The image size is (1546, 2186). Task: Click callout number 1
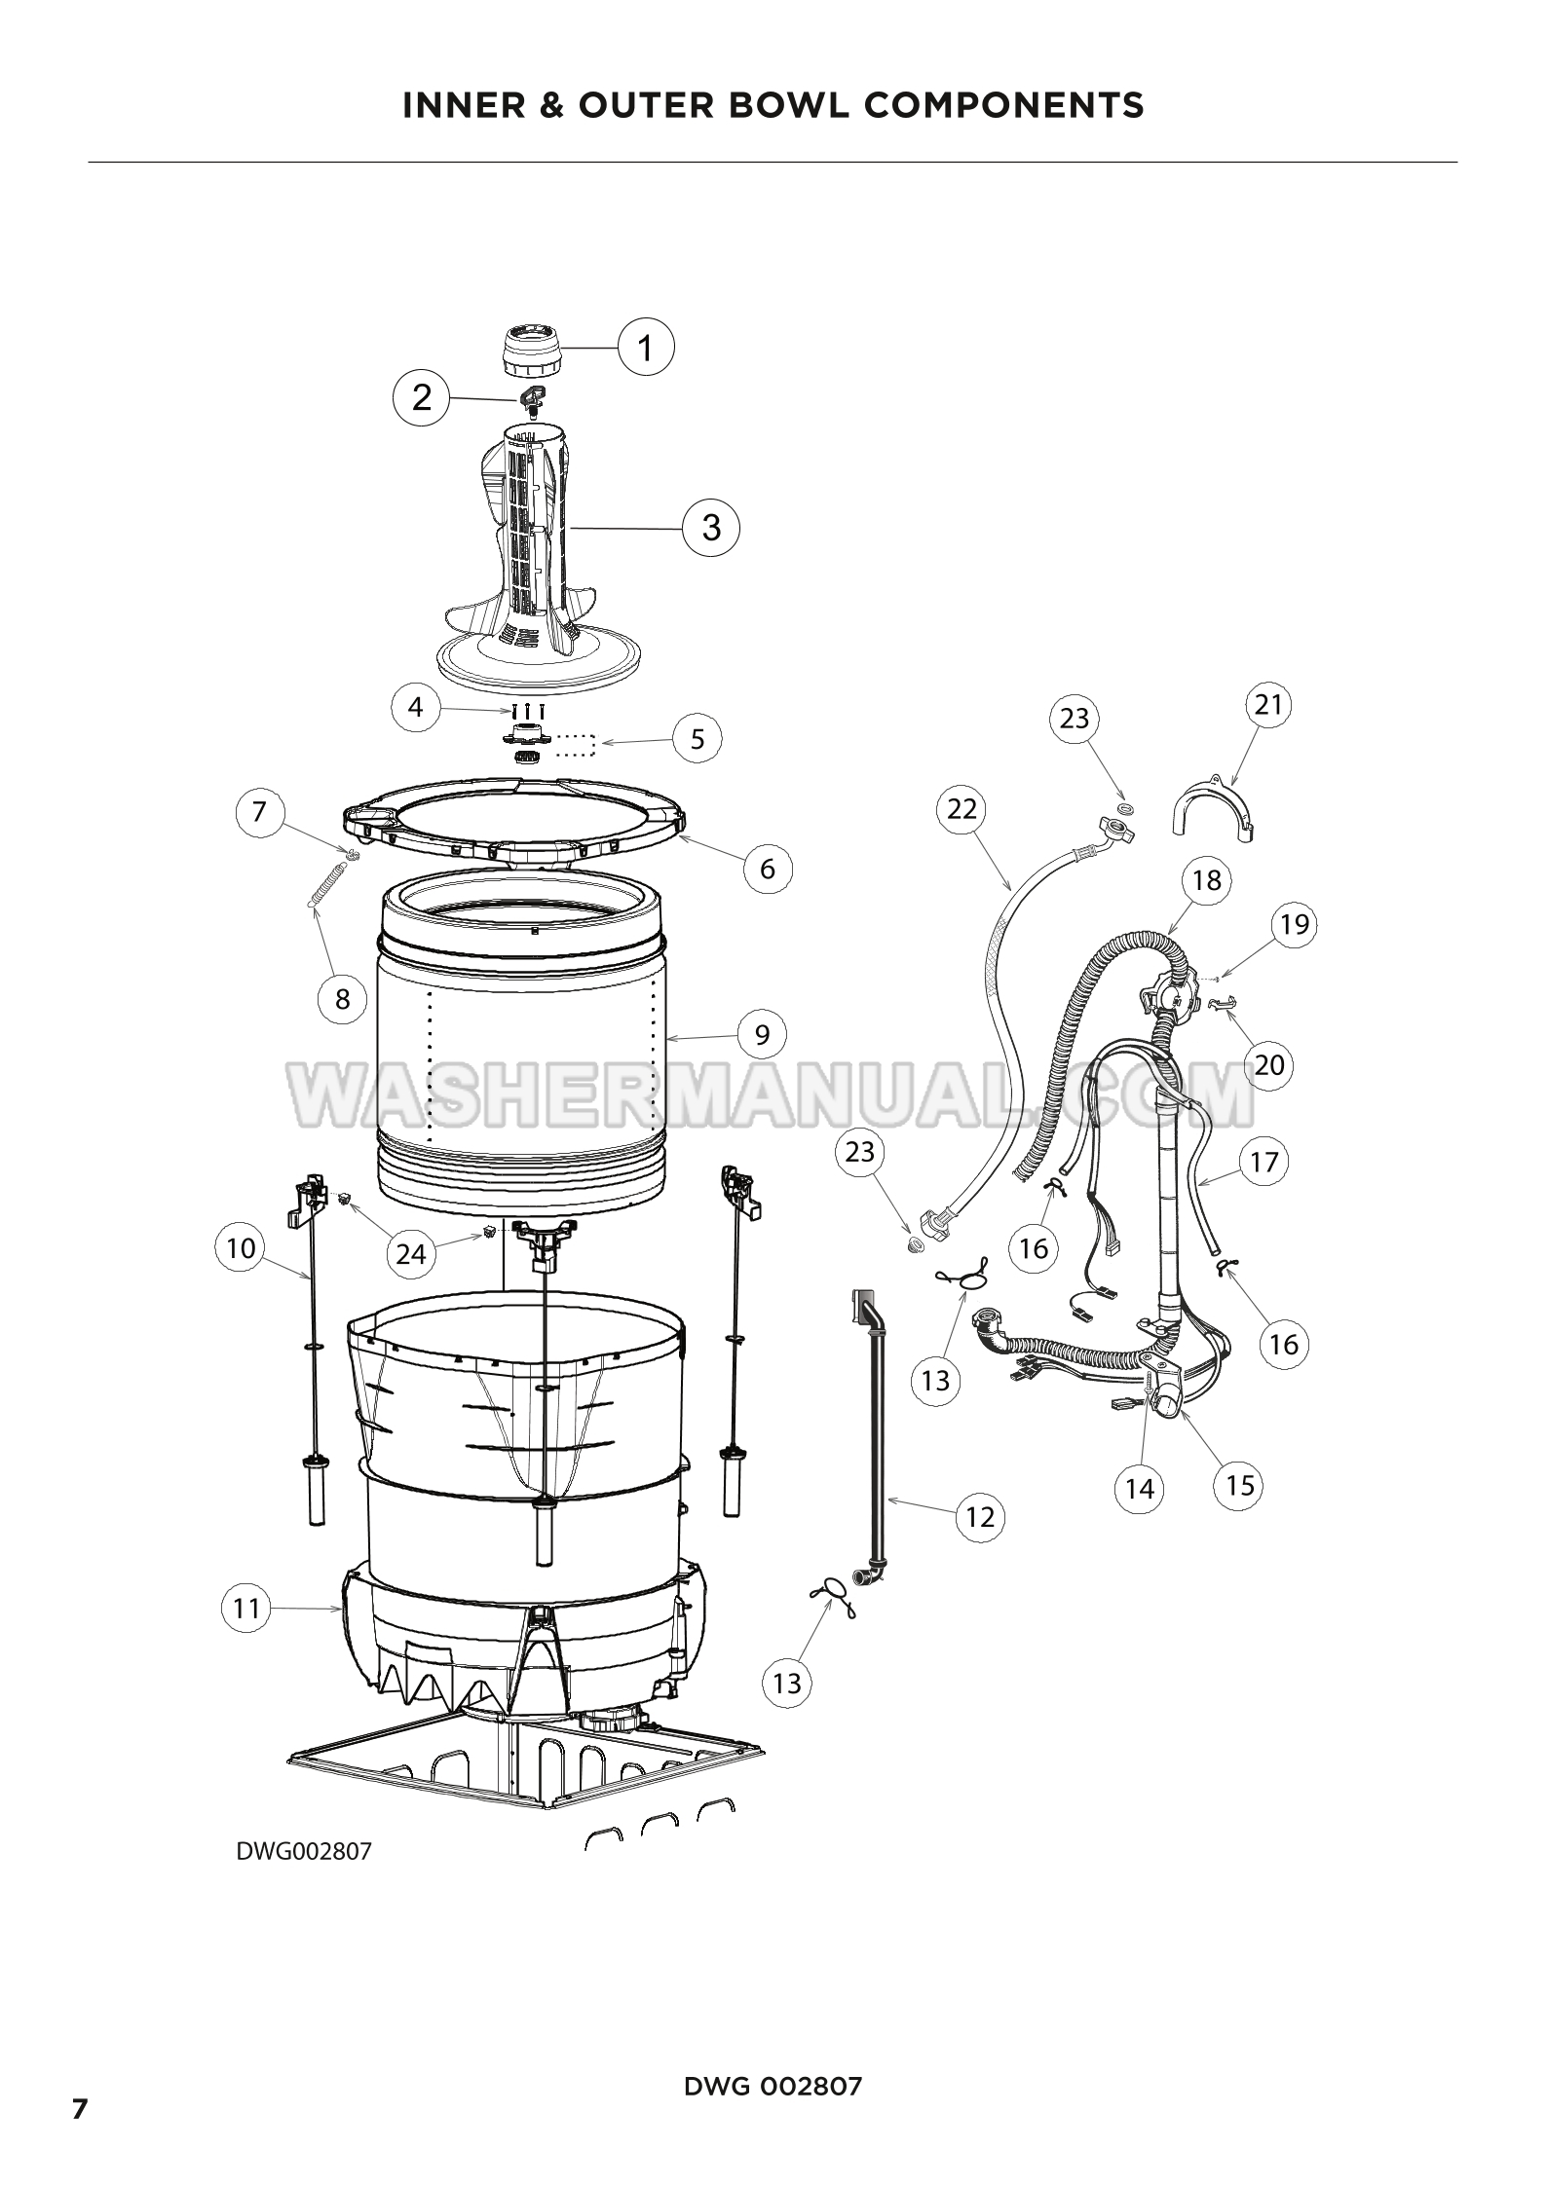(646, 346)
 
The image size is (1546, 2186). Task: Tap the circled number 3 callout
(712, 527)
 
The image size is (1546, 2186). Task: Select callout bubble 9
(762, 1033)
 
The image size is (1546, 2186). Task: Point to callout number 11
(246, 1608)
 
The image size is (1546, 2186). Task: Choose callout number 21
(1268, 703)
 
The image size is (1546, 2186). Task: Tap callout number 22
(962, 808)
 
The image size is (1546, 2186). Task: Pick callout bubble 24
(411, 1253)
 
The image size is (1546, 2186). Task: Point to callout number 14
(1139, 1487)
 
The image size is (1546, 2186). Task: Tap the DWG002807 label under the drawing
(304, 1851)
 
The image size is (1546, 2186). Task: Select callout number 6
(768, 868)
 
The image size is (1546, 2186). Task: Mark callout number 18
(1206, 880)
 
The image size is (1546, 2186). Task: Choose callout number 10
(240, 1247)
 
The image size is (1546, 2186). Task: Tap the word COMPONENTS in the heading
(1004, 104)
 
